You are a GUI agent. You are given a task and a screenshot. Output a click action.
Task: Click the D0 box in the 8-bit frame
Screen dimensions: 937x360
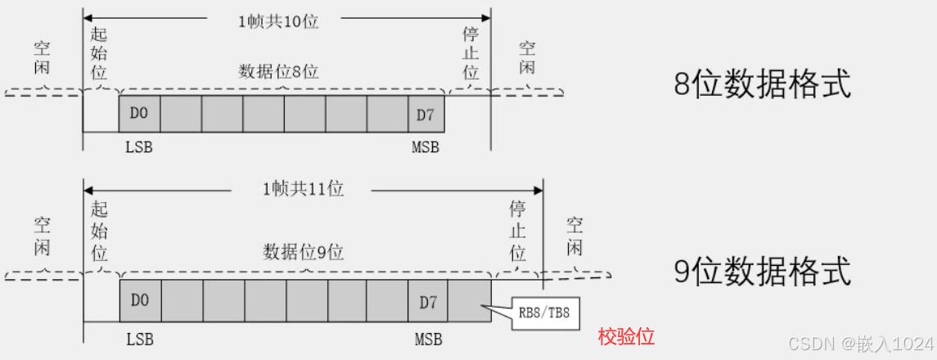pyautogui.click(x=139, y=115)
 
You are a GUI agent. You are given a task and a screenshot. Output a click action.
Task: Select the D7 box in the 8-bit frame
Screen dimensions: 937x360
pyautogui.click(x=426, y=115)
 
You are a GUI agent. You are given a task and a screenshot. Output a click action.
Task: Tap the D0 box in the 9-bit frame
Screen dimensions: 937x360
pyautogui.click(x=140, y=299)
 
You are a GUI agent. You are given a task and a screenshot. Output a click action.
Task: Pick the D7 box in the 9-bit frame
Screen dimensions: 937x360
pyautogui.click(x=429, y=299)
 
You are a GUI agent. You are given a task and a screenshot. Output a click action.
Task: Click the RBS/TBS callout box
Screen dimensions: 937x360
pyautogui.click(x=544, y=312)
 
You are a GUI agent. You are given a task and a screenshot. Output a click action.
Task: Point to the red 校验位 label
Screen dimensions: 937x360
pyautogui.click(x=627, y=336)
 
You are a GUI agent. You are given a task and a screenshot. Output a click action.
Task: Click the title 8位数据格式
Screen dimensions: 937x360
pyautogui.click(x=763, y=85)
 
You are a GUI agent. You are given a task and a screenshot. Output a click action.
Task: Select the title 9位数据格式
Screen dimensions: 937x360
pyautogui.click(x=763, y=271)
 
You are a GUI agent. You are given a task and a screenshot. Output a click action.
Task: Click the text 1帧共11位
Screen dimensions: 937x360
pyautogui.click(x=303, y=190)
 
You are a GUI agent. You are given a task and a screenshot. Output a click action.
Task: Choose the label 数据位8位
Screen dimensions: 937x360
pyautogui.click(x=278, y=72)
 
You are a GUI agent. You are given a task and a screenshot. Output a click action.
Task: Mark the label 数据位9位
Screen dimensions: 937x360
pyautogui.click(x=303, y=250)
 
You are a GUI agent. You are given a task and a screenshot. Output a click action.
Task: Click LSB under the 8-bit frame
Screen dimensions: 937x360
pyautogui.click(x=139, y=147)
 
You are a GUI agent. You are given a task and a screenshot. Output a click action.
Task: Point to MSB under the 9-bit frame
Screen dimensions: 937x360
pyautogui.click(x=428, y=337)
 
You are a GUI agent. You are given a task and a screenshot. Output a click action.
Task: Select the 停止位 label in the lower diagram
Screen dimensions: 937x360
pyautogui.click(x=517, y=230)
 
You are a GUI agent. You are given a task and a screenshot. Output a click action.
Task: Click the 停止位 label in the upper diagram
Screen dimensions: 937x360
pyautogui.click(x=471, y=54)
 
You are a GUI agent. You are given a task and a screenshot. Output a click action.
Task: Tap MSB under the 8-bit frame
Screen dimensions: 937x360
pyautogui.click(x=426, y=147)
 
